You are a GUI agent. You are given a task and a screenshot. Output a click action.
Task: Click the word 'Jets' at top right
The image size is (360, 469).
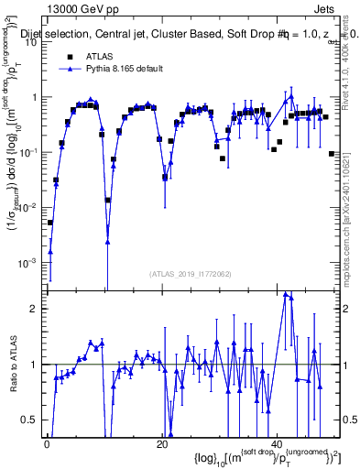(325, 8)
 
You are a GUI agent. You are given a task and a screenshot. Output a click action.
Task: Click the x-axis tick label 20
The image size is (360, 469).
(161, 444)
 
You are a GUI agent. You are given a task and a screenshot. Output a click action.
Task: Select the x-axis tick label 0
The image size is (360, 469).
(47, 444)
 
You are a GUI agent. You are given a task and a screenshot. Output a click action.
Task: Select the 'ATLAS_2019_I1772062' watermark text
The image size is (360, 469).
(191, 273)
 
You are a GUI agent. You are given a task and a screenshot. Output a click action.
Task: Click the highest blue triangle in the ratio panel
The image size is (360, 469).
(287, 294)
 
